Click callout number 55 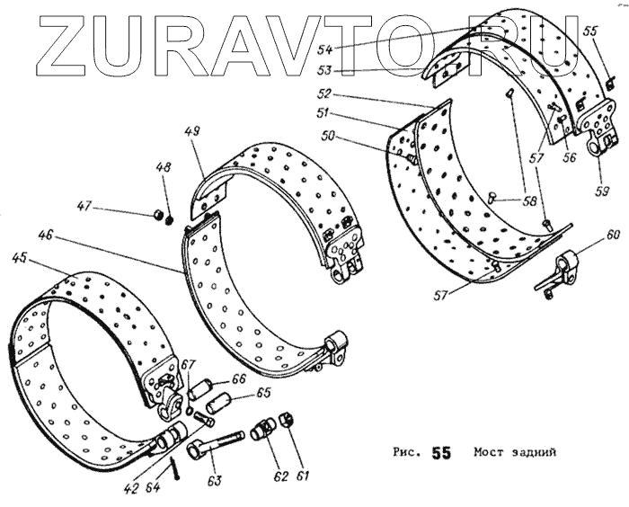pos(589,31)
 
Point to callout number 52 pos(325,93)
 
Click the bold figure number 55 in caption pos(440,452)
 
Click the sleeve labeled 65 pos(218,405)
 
